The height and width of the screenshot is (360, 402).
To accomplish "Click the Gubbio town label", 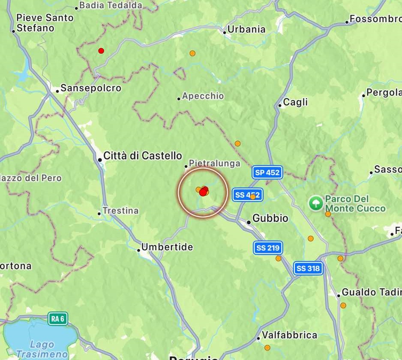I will [270, 218].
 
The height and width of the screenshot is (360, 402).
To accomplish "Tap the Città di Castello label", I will [143, 156].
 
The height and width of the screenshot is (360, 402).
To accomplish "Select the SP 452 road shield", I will [267, 173].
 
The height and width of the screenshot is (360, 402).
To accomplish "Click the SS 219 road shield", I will [267, 247].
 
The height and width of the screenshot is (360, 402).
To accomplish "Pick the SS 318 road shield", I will [308, 268].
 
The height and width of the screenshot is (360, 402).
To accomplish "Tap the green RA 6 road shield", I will [57, 318].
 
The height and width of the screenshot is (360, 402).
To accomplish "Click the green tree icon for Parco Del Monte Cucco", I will [316, 203].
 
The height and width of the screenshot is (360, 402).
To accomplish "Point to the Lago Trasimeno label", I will [42, 349].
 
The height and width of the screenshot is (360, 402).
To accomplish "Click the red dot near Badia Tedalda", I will [101, 51].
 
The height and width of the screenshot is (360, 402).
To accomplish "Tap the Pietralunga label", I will [214, 164].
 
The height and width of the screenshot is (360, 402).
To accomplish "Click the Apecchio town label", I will [203, 96].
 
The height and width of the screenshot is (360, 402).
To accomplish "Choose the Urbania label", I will [246, 30].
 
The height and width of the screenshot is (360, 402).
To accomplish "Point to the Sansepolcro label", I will [91, 88].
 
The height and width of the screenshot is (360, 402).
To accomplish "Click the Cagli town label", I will [295, 102].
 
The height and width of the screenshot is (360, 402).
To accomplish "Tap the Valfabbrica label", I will [289, 335].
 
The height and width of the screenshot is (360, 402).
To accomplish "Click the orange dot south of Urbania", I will [192, 54].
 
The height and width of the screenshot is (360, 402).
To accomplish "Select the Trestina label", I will [120, 211].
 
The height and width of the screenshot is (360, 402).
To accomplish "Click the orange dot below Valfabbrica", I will [267, 348].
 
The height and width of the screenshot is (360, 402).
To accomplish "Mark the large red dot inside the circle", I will [203, 192].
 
